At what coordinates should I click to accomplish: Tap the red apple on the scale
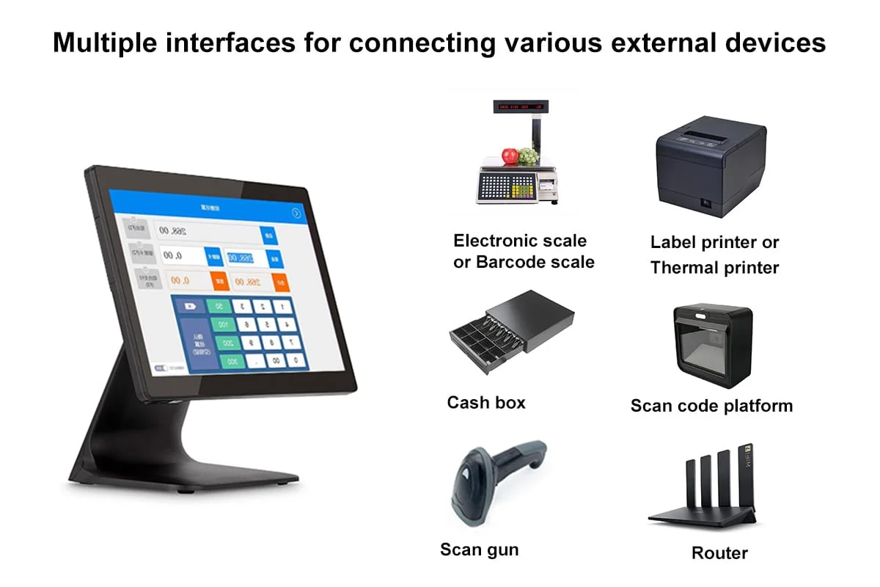(x=510, y=156)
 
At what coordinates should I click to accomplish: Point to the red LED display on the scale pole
(x=520, y=107)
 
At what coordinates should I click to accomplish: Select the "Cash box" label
(x=486, y=402)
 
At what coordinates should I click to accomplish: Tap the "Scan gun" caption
(x=479, y=549)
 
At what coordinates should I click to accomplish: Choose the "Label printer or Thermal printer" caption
(x=714, y=255)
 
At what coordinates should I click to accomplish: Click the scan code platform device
(x=712, y=345)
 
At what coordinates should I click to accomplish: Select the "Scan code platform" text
(x=711, y=405)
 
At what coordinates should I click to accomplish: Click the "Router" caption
(x=719, y=553)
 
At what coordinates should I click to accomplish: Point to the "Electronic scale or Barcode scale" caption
(x=524, y=251)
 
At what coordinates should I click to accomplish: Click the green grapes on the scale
(x=527, y=156)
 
